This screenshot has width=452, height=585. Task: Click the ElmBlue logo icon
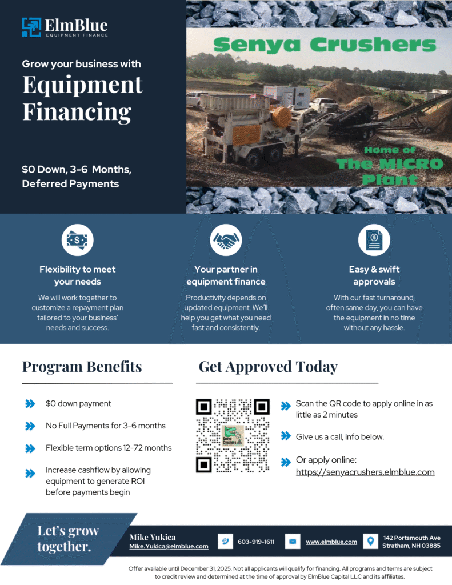coord(31,27)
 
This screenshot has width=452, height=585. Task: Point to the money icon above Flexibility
coord(77,240)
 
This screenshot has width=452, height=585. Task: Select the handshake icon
coord(226,240)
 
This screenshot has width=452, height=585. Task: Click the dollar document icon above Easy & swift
coord(374,240)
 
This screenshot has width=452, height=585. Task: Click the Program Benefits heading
coord(82,366)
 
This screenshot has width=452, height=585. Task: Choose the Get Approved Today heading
coord(267,366)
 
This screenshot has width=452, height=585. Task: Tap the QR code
coord(233,436)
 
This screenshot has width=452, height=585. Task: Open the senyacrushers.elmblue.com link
coord(365,472)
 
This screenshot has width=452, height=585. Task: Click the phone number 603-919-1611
coord(256,542)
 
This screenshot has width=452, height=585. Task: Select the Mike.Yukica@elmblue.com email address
coord(169,546)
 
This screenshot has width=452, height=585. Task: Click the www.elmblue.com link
coord(331,542)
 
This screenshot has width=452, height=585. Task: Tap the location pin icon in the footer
coord(371,541)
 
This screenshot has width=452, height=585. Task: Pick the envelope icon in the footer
coord(293,542)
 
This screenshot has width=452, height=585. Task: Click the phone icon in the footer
coord(225,542)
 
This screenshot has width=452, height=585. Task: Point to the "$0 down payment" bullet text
coord(78,403)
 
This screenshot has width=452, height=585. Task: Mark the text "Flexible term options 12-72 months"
coord(109,448)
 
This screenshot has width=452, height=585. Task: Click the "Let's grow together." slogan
coord(68,539)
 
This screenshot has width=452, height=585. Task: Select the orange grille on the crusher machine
coord(246,135)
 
